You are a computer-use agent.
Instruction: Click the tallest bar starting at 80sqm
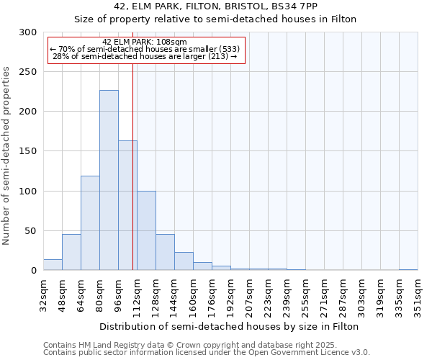tap(109, 180)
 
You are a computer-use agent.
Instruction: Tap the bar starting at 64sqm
tap(90, 222)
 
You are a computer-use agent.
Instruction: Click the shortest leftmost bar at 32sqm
tap(53, 265)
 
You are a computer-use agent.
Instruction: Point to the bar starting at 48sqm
tap(71, 252)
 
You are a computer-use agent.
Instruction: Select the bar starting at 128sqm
tap(165, 252)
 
